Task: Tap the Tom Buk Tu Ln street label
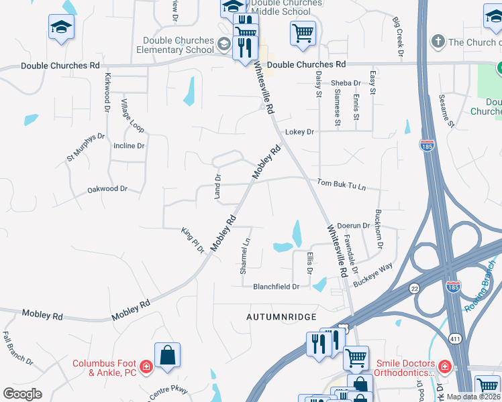pyautogui.click(x=342, y=183)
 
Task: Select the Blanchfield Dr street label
pyautogui.click(x=276, y=287)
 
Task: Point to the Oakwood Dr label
pyautogui.click(x=107, y=190)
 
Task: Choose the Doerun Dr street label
pyautogui.click(x=354, y=226)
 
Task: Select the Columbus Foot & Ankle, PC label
pyautogui.click(x=105, y=368)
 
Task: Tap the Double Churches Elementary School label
pyautogui.click(x=175, y=45)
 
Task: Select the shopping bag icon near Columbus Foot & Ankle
pyautogui.click(x=167, y=355)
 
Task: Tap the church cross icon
pyautogui.click(x=438, y=42)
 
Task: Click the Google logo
pyautogui.click(x=22, y=394)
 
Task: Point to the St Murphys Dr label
pyautogui.click(x=85, y=148)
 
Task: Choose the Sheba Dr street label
pyautogui.click(x=346, y=83)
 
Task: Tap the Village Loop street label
pyautogui.click(x=132, y=116)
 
